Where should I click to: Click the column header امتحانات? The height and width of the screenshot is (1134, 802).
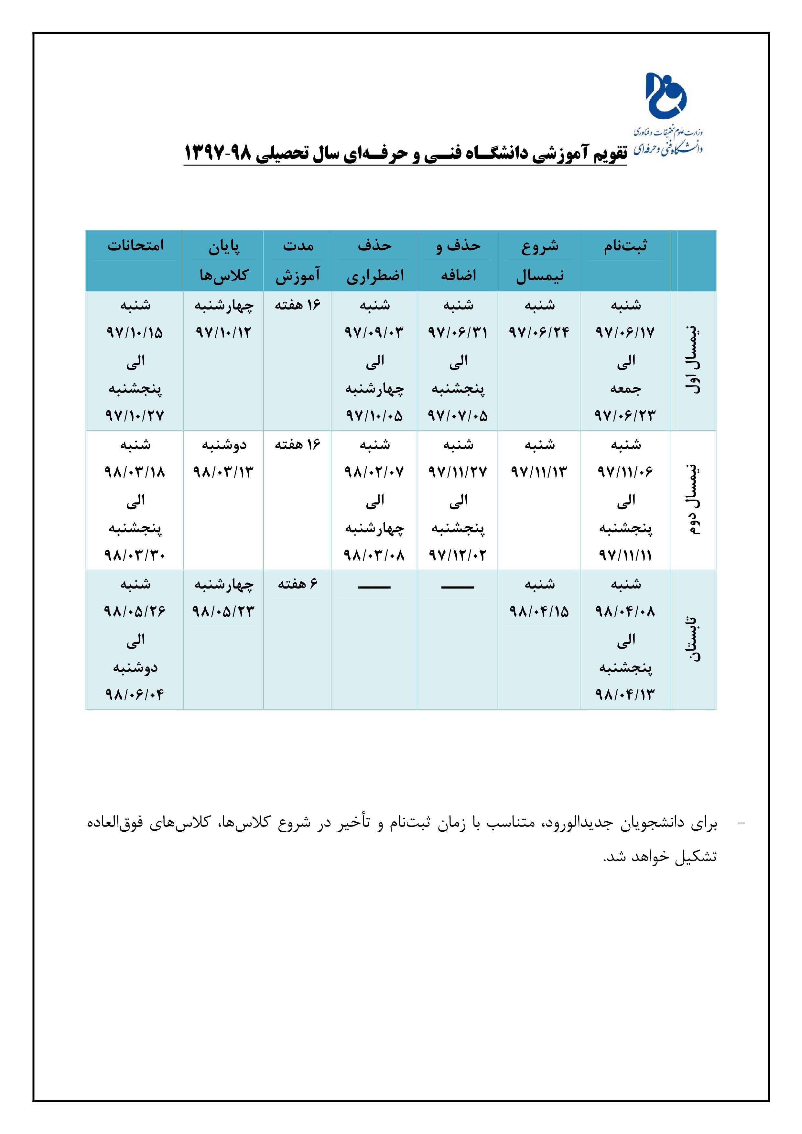135,245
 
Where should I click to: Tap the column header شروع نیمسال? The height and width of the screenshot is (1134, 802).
539,260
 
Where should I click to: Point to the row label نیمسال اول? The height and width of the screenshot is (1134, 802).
693,360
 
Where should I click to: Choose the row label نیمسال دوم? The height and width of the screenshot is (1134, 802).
693,500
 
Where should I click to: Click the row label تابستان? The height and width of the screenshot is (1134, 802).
693,639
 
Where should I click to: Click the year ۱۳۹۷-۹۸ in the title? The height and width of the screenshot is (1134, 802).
218,154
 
